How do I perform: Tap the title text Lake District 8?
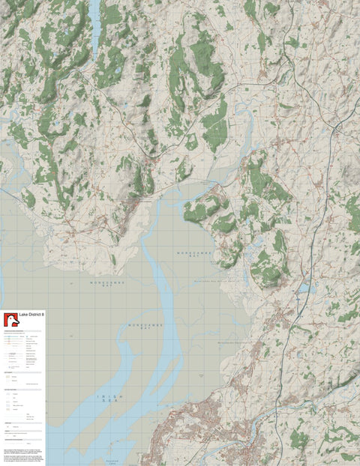[x=31, y=315]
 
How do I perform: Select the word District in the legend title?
[x=34, y=315]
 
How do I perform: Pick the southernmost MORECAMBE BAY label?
[x=144, y=325]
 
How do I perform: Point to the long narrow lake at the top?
[x=94, y=22]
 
